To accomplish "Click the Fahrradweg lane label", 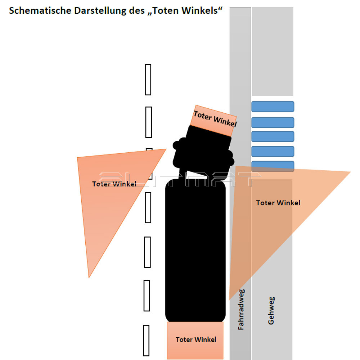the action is [x=241, y=310].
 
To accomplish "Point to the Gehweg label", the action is [x=271, y=310].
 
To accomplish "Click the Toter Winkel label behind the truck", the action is [x=196, y=339].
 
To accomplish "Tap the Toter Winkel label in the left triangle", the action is [x=114, y=184].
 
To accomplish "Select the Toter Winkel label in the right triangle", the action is [x=278, y=203].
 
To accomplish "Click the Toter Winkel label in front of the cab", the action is [x=215, y=119].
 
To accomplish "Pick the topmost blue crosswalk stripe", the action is [x=273, y=107].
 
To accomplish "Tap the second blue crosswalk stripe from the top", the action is [x=273, y=123].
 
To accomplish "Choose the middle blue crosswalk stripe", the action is [x=273, y=136].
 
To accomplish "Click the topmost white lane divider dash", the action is [x=148, y=80].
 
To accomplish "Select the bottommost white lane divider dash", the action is [x=146, y=341].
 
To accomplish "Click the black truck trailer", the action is [x=195, y=251].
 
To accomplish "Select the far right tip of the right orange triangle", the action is [x=351, y=172].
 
